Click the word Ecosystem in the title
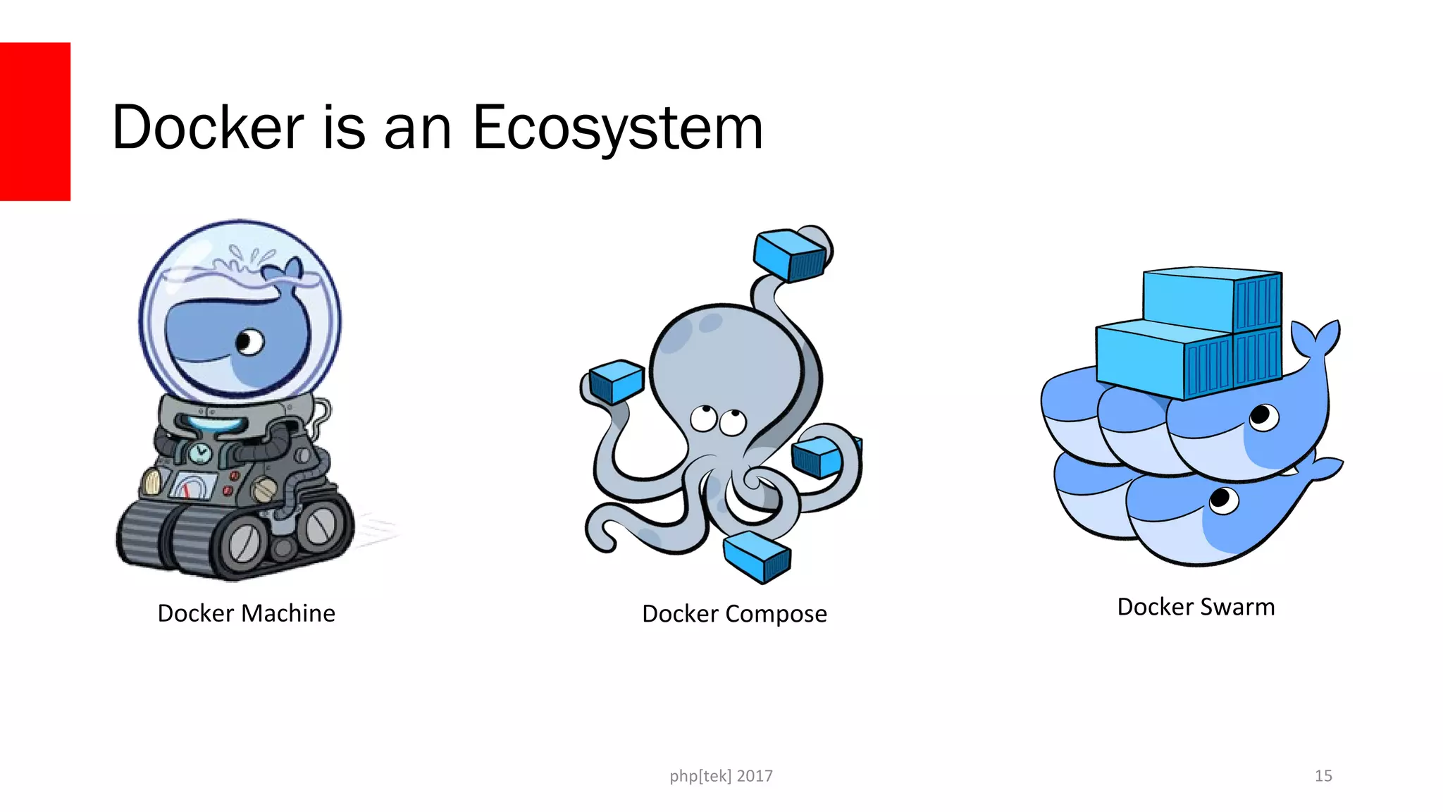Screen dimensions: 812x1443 tap(618, 128)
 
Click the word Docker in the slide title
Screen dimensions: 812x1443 tap(208, 128)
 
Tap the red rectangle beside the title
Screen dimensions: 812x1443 tap(35, 121)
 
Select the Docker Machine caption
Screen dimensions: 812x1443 tap(246, 613)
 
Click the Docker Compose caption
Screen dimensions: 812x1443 tap(734, 614)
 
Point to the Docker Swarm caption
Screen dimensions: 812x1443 tap(1196, 607)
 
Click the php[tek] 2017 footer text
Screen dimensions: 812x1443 tap(721, 776)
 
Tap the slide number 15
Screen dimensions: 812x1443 tap(1323, 776)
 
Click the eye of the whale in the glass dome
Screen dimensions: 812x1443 tap(249, 343)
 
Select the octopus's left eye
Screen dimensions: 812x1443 tap(702, 418)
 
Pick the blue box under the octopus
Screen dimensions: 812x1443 tap(757, 555)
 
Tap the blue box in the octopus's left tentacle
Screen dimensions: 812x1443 tap(616, 381)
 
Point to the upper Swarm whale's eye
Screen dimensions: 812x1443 tap(1263, 417)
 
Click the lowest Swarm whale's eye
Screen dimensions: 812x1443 tap(1222, 500)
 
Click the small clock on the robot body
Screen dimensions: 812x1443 tap(201, 453)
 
